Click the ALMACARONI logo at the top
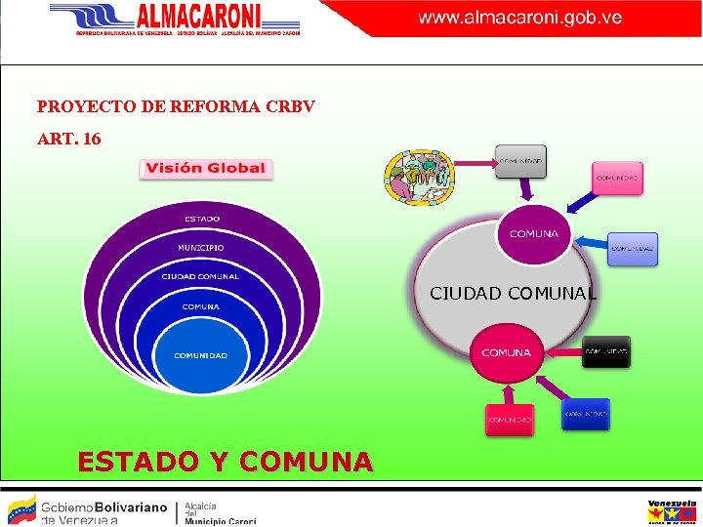[176, 18]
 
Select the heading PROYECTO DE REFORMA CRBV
[176, 105]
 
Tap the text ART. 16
[68, 140]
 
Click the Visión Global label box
[205, 168]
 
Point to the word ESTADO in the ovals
[202, 219]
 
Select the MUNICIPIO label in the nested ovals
[200, 248]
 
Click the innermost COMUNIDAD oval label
[200, 355]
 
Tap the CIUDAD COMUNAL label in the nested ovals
[200, 276]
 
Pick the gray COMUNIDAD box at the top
[520, 161]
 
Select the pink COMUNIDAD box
[618, 178]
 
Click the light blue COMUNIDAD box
[633, 248]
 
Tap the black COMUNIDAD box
[606, 350]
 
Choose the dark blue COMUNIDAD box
[586, 414]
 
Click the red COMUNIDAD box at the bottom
[510, 420]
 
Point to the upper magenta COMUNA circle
[534, 234]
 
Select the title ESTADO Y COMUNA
[225, 461]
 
